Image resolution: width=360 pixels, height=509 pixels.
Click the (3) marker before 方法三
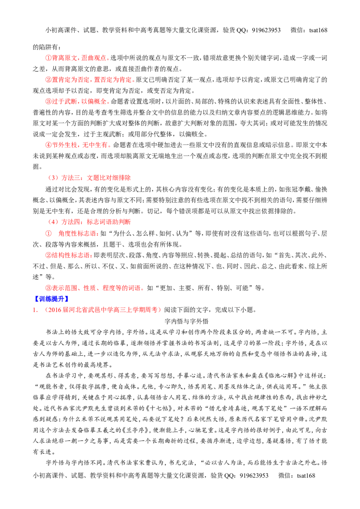[x=52, y=178]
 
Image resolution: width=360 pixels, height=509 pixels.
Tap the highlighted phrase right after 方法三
[x=108, y=178]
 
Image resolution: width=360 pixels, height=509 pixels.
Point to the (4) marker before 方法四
[x=52, y=222]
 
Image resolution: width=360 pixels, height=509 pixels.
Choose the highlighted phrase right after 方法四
[x=109, y=222]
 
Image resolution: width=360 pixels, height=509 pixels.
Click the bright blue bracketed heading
[x=51, y=299]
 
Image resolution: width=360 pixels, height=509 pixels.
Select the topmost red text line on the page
[x=76, y=58]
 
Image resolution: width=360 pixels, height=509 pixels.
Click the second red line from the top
[x=89, y=80]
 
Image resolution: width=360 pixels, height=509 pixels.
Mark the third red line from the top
[x=76, y=102]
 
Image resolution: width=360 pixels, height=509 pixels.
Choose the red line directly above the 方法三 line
[x=77, y=145]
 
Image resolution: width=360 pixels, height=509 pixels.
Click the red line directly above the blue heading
[x=93, y=288]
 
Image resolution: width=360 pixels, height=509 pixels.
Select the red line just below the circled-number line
[x=68, y=255]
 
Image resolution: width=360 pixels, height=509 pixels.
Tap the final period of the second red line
[x=135, y=81]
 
